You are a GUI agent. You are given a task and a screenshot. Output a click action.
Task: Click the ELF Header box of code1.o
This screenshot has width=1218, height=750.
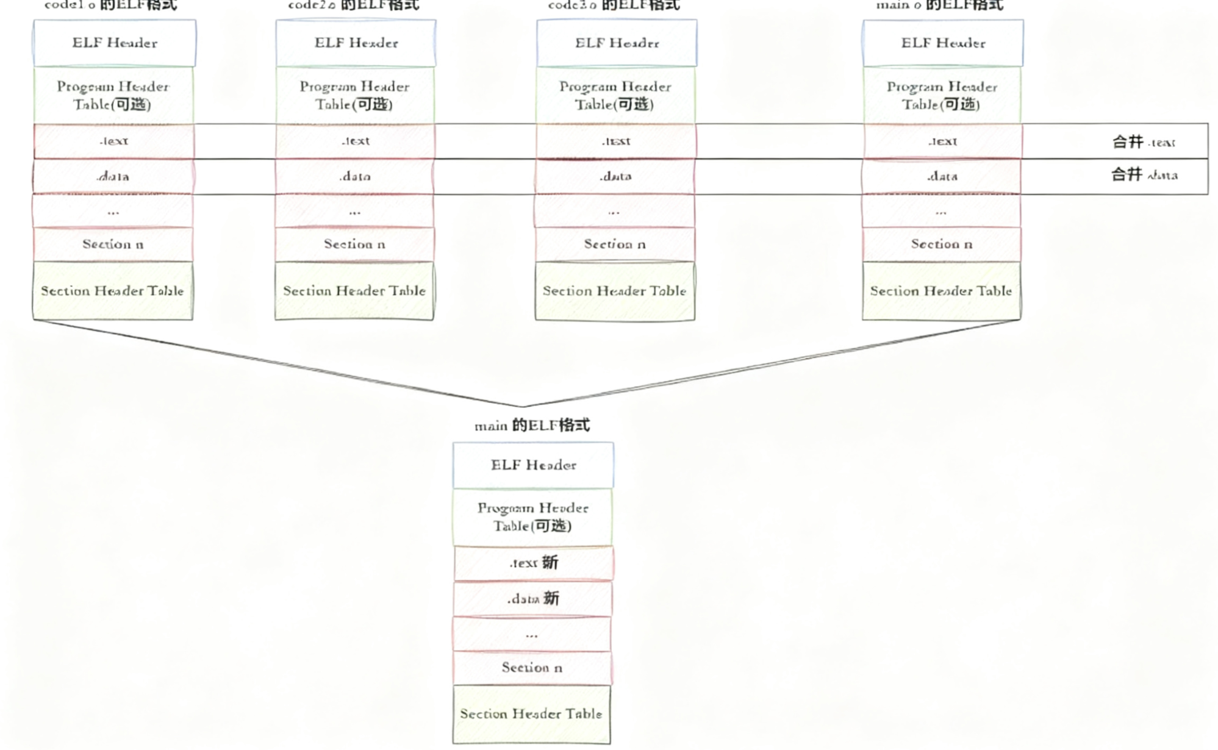pos(115,43)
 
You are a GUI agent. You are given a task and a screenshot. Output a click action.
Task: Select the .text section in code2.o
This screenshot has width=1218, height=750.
pos(355,141)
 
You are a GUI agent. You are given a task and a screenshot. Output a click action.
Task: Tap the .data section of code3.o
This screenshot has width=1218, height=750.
pos(615,176)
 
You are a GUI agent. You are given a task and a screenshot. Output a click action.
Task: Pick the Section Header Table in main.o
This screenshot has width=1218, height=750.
pos(941,291)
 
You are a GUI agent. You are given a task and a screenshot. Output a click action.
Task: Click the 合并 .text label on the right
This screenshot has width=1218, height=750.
pos(1143,141)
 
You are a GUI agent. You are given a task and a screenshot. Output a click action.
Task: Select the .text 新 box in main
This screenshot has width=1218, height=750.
pos(534,563)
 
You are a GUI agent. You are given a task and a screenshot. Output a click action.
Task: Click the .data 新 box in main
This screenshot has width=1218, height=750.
pos(532,599)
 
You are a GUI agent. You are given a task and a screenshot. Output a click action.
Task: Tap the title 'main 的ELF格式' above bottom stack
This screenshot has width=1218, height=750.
pos(532,425)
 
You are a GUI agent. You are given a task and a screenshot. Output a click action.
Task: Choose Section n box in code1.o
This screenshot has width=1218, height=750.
pos(113,244)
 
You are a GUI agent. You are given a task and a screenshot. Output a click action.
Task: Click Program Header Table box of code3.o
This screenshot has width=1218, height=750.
pos(615,95)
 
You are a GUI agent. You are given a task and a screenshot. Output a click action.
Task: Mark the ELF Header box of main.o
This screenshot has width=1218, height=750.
pos(943,43)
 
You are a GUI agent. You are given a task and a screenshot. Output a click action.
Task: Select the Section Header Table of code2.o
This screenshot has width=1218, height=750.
pos(354,291)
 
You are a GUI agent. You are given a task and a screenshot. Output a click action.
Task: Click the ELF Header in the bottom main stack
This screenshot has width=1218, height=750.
pos(533,465)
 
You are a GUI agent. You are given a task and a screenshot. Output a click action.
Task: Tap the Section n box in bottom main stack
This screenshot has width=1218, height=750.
pos(532,668)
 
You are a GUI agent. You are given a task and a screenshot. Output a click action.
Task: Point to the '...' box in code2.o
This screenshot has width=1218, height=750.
pos(354,211)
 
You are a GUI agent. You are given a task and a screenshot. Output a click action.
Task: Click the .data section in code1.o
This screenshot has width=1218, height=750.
pos(113,176)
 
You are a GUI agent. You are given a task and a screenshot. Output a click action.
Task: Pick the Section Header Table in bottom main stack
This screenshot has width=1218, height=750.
pos(531,714)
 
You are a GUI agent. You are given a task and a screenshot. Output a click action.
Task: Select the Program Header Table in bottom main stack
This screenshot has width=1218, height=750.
pos(532,516)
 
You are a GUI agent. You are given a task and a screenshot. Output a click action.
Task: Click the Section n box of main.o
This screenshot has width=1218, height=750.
pos(941,244)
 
